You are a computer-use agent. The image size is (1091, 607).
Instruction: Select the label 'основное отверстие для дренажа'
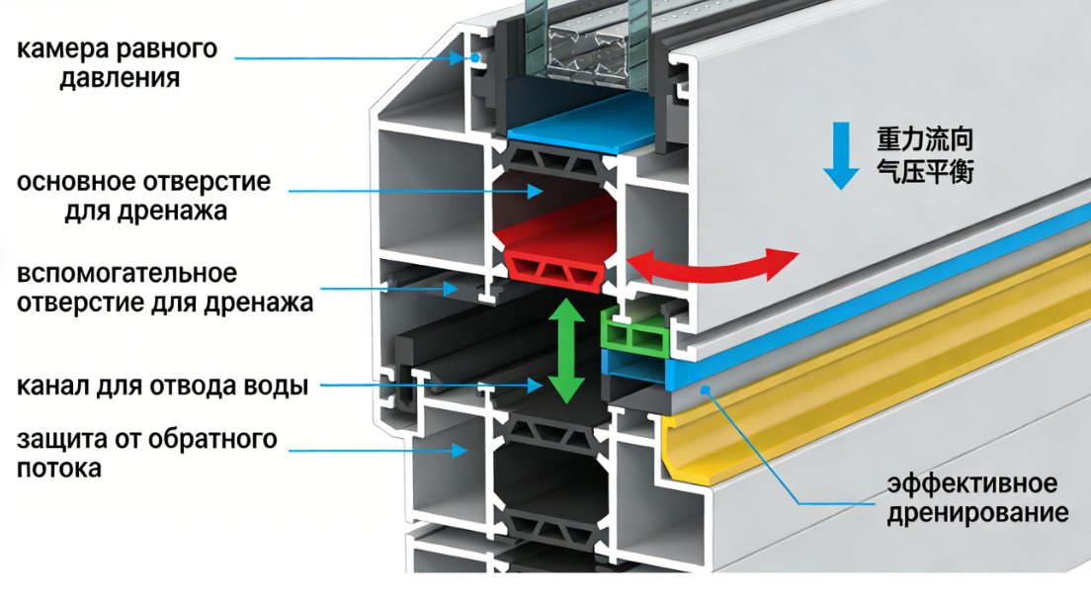[143, 196]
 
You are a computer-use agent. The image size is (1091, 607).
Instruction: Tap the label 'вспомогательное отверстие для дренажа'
[164, 287]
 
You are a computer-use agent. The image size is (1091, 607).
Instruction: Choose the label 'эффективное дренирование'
[972, 498]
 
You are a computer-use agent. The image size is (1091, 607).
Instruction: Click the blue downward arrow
[842, 155]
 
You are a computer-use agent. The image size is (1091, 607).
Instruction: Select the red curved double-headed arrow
[713, 264]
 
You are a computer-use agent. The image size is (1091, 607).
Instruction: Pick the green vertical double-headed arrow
[565, 351]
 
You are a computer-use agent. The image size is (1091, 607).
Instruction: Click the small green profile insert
[636, 335]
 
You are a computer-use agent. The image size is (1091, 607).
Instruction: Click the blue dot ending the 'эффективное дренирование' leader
[706, 390]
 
